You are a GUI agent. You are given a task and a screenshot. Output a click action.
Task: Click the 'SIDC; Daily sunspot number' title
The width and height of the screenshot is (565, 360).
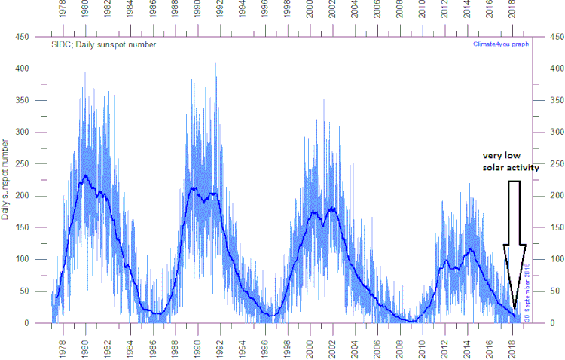(x=104, y=45)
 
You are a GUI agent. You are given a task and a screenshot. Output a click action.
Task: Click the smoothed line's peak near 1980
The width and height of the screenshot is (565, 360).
(x=85, y=175)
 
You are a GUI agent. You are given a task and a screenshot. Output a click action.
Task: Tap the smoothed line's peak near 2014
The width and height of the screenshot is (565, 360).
(x=471, y=249)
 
